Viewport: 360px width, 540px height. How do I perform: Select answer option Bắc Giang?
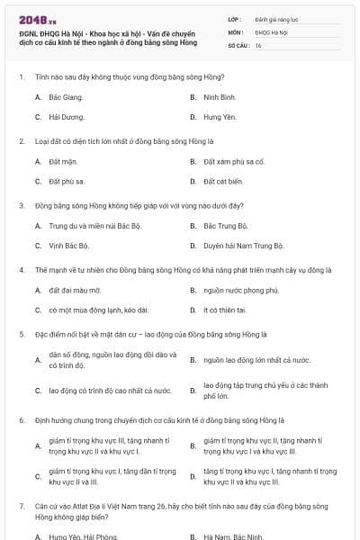pyautogui.click(x=66, y=96)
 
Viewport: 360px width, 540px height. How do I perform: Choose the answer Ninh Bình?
pyautogui.click(x=220, y=96)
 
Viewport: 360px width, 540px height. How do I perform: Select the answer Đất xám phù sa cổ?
pyautogui.click(x=234, y=162)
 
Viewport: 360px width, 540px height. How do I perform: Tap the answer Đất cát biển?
pyautogui.click(x=224, y=183)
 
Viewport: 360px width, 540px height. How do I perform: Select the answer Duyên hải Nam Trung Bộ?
pyautogui.click(x=243, y=247)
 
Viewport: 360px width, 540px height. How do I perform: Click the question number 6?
pyautogui.click(x=20, y=420)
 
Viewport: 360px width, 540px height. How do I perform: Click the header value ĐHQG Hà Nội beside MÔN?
pyautogui.click(x=272, y=31)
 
